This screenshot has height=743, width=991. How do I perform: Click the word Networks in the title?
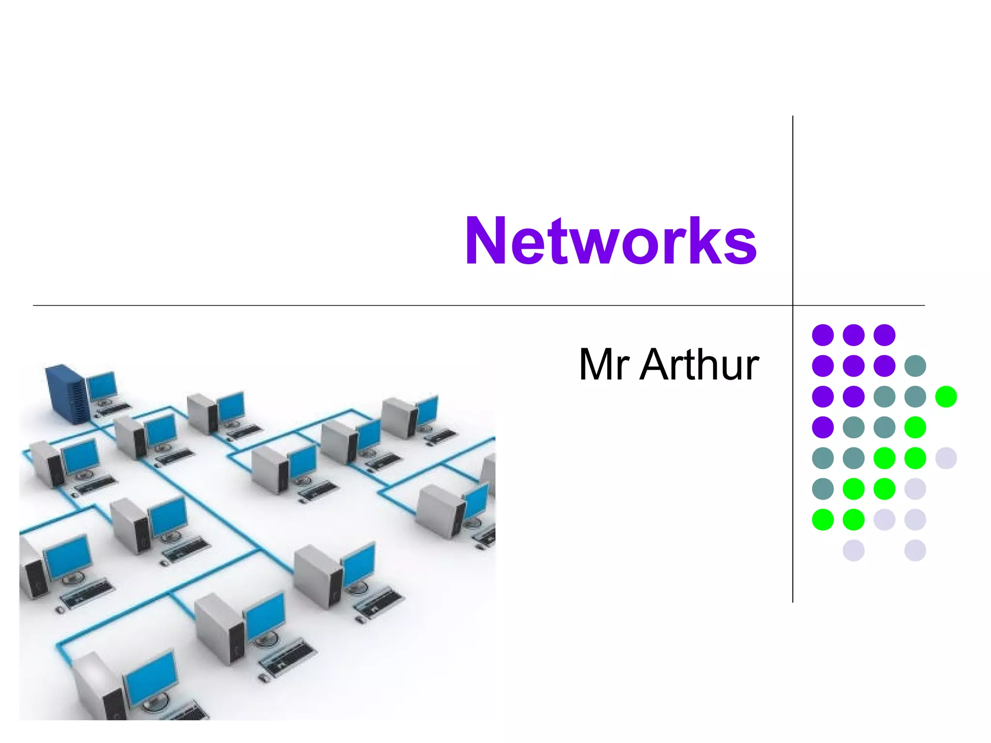[x=611, y=241]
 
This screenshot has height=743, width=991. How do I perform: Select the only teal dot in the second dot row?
[x=915, y=366]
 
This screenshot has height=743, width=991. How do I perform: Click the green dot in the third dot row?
[x=946, y=397]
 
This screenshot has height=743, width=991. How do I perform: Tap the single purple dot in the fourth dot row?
[x=823, y=427]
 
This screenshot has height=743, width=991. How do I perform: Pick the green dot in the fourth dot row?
[x=915, y=427]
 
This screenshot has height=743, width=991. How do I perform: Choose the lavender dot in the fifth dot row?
[x=946, y=458]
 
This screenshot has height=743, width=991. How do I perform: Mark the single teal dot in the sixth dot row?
[x=823, y=489]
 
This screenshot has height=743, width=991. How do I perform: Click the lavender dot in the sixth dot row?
[x=915, y=489]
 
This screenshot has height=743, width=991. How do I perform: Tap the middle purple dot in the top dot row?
[x=854, y=335]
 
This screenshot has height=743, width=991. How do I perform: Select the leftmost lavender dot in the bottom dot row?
[x=854, y=550]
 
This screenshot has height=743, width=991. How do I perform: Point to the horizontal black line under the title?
[x=387, y=305]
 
